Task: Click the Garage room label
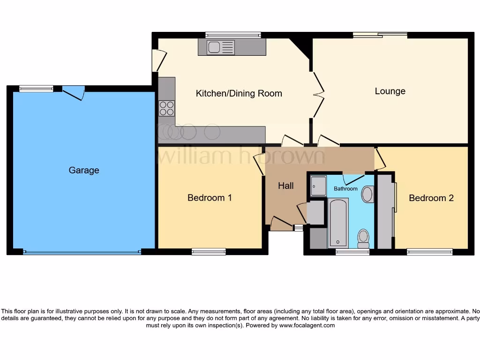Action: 84,170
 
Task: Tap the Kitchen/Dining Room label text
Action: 239,93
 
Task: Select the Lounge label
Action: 390,91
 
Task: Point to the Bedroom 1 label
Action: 210,197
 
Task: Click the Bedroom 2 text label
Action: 431,198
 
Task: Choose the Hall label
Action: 285,186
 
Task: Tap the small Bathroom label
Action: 345,188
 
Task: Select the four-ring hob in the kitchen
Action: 166,108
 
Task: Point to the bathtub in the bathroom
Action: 337,222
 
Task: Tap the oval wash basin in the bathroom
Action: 367,194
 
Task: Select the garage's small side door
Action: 74,92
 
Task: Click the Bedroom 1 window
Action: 209,252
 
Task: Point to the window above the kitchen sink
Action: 233,34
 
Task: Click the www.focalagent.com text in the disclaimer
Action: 307,325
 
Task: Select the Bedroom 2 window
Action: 430,252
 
